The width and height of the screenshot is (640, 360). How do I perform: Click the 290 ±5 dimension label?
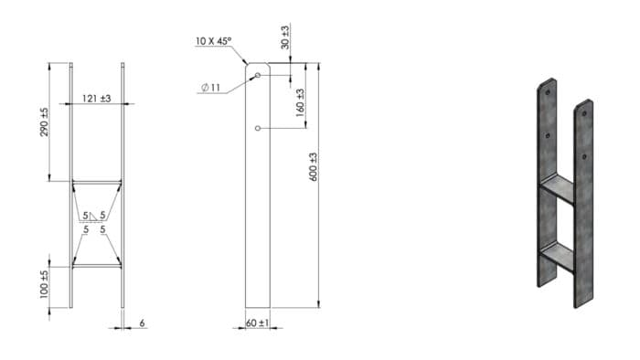[44, 122]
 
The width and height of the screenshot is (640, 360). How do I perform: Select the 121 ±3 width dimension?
[97, 99]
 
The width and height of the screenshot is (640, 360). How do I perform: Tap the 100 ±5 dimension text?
[44, 284]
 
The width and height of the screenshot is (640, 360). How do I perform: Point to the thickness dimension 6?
[142, 323]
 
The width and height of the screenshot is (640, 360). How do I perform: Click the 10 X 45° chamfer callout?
[213, 41]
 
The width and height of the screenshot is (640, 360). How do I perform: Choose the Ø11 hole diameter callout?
[210, 87]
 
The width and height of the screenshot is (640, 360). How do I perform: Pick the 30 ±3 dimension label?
[285, 37]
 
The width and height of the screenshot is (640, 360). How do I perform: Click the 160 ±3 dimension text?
[300, 102]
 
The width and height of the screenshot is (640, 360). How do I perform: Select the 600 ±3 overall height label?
[313, 166]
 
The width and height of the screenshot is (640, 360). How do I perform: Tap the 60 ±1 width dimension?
[258, 323]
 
